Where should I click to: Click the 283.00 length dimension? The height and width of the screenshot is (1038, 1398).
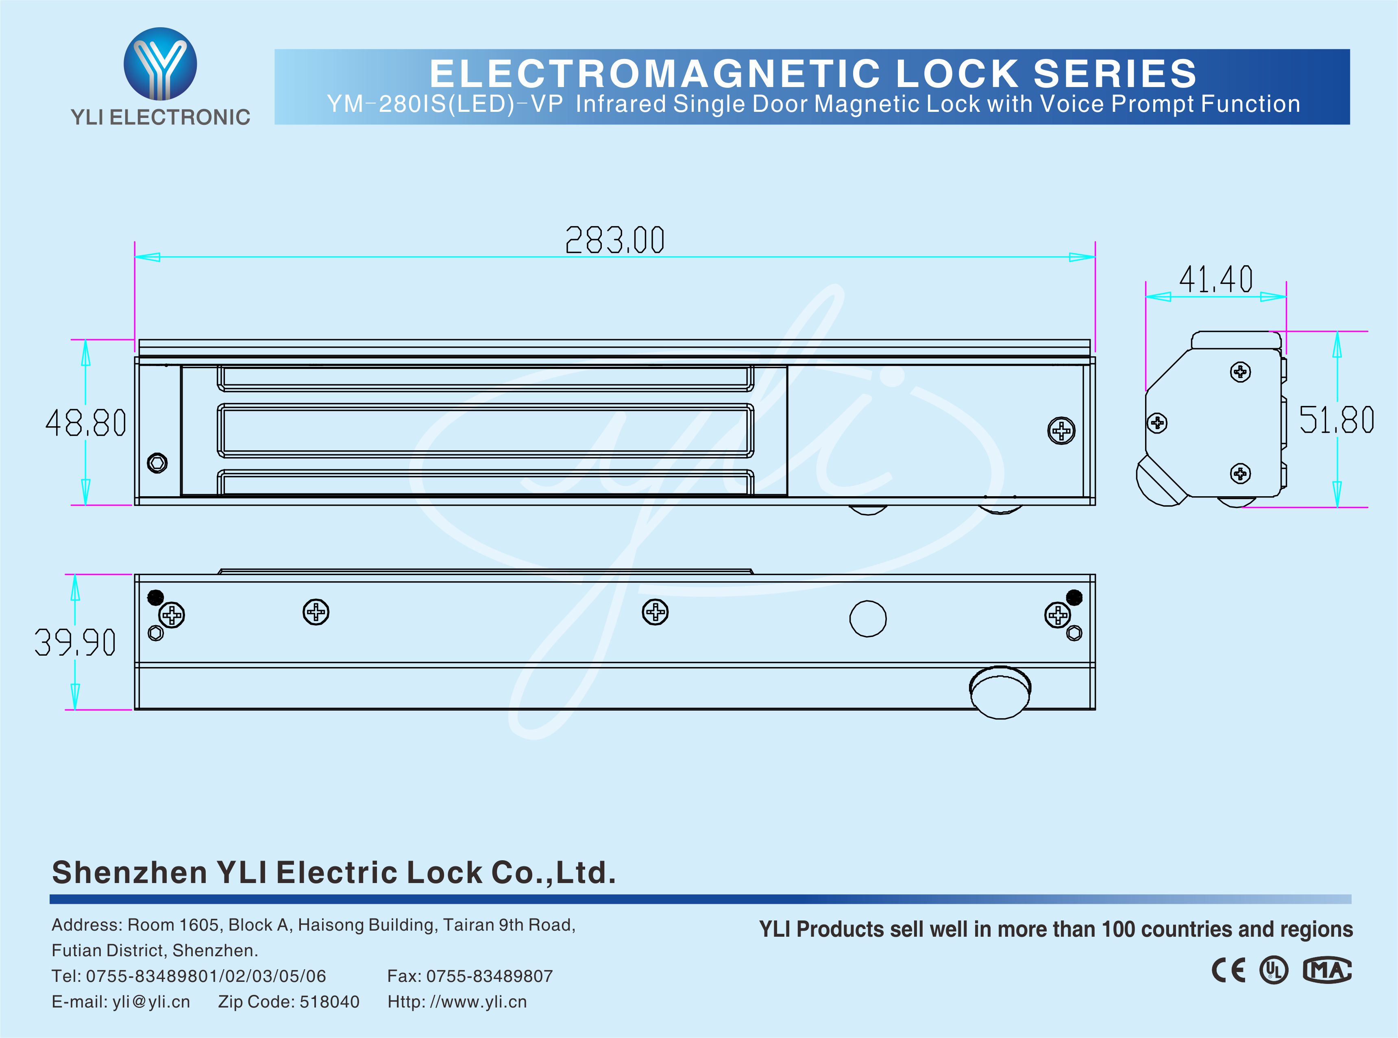tap(614, 240)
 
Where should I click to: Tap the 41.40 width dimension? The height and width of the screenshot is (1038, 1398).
tap(1215, 279)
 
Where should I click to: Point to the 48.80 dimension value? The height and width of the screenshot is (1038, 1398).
tap(86, 423)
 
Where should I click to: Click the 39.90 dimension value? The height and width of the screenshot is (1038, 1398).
tap(75, 643)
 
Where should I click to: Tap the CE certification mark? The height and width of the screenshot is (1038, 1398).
tap(1228, 971)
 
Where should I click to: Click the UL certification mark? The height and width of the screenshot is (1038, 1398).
tap(1274, 971)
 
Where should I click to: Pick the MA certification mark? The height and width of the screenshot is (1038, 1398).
tap(1326, 971)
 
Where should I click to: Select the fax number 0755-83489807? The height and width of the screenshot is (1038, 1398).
tap(489, 976)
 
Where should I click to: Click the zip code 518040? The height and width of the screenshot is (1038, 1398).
tap(329, 1001)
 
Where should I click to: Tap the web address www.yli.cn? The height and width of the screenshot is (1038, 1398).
tap(477, 1001)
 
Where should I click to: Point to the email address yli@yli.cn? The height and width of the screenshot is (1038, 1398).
tap(151, 1001)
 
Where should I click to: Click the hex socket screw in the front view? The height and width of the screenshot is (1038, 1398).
tap(157, 463)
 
